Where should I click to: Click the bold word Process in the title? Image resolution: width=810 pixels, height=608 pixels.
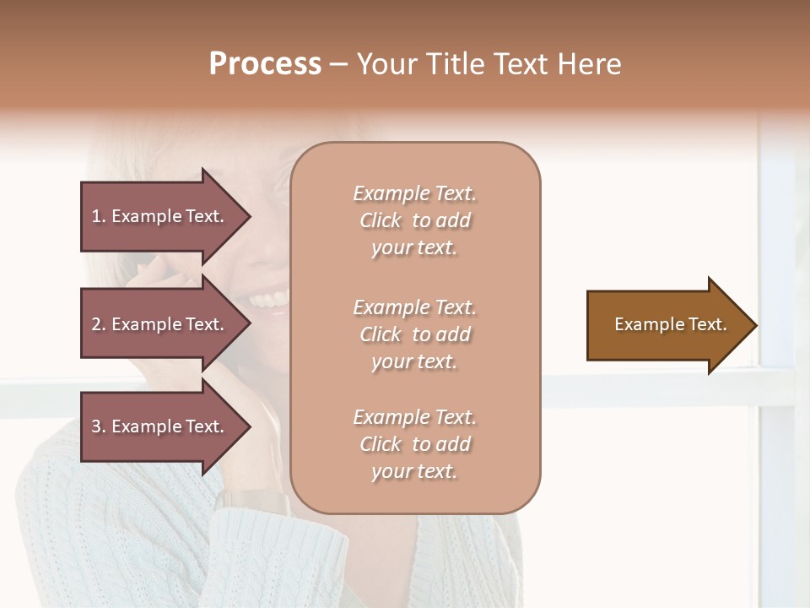(265, 64)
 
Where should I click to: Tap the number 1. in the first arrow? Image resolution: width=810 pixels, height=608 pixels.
(99, 216)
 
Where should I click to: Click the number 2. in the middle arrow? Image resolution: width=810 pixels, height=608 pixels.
(99, 324)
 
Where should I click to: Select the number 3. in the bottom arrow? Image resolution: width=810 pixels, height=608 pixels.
(99, 426)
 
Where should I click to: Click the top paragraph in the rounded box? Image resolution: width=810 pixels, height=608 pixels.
(414, 220)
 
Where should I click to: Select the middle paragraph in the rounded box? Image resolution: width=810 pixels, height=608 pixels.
(414, 334)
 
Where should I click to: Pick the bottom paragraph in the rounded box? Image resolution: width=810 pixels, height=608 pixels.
(414, 444)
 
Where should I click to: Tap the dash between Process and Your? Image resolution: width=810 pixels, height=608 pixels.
(338, 65)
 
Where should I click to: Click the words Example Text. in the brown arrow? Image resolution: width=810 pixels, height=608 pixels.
(670, 324)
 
